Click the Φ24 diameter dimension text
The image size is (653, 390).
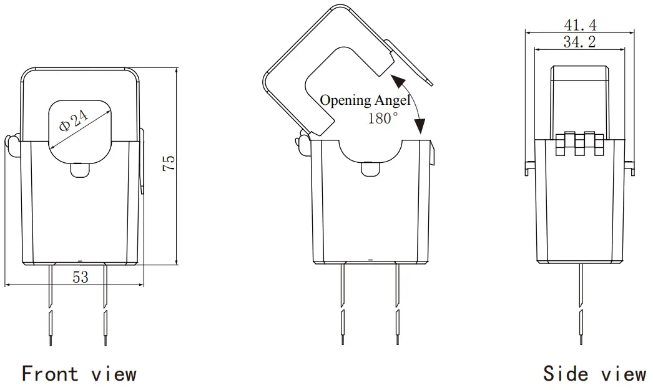(74, 120)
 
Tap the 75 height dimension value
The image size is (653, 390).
(169, 163)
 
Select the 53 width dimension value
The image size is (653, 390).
(81, 277)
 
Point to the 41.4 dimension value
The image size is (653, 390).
(580, 25)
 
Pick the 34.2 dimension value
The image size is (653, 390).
(579, 42)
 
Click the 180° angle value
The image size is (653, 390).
(383, 118)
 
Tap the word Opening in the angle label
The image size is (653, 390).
(346, 100)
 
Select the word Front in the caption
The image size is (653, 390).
(51, 374)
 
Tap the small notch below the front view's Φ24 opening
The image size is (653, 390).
(79, 170)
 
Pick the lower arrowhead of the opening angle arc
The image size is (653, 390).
(420, 129)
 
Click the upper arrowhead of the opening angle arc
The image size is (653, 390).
(395, 78)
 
